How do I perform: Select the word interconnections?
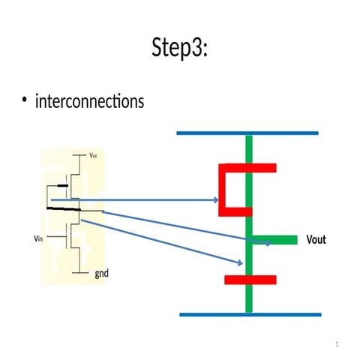click(89, 100)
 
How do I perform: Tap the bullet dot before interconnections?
click(25, 101)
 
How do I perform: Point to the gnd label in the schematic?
click(101, 274)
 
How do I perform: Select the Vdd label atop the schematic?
click(93, 155)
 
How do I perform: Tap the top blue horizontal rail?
click(247, 133)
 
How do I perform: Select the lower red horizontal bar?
click(250, 280)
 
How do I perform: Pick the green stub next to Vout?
click(279, 241)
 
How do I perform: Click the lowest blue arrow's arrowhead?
click(239, 262)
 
